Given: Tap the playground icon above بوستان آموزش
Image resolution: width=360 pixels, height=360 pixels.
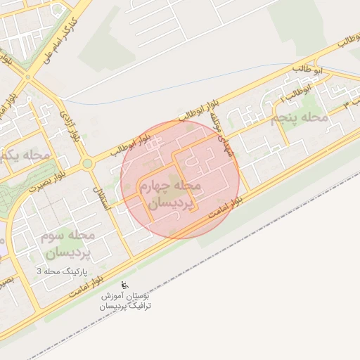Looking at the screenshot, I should pos(125,285).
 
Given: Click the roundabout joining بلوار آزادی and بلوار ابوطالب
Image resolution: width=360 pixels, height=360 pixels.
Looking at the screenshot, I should pos(87,164).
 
